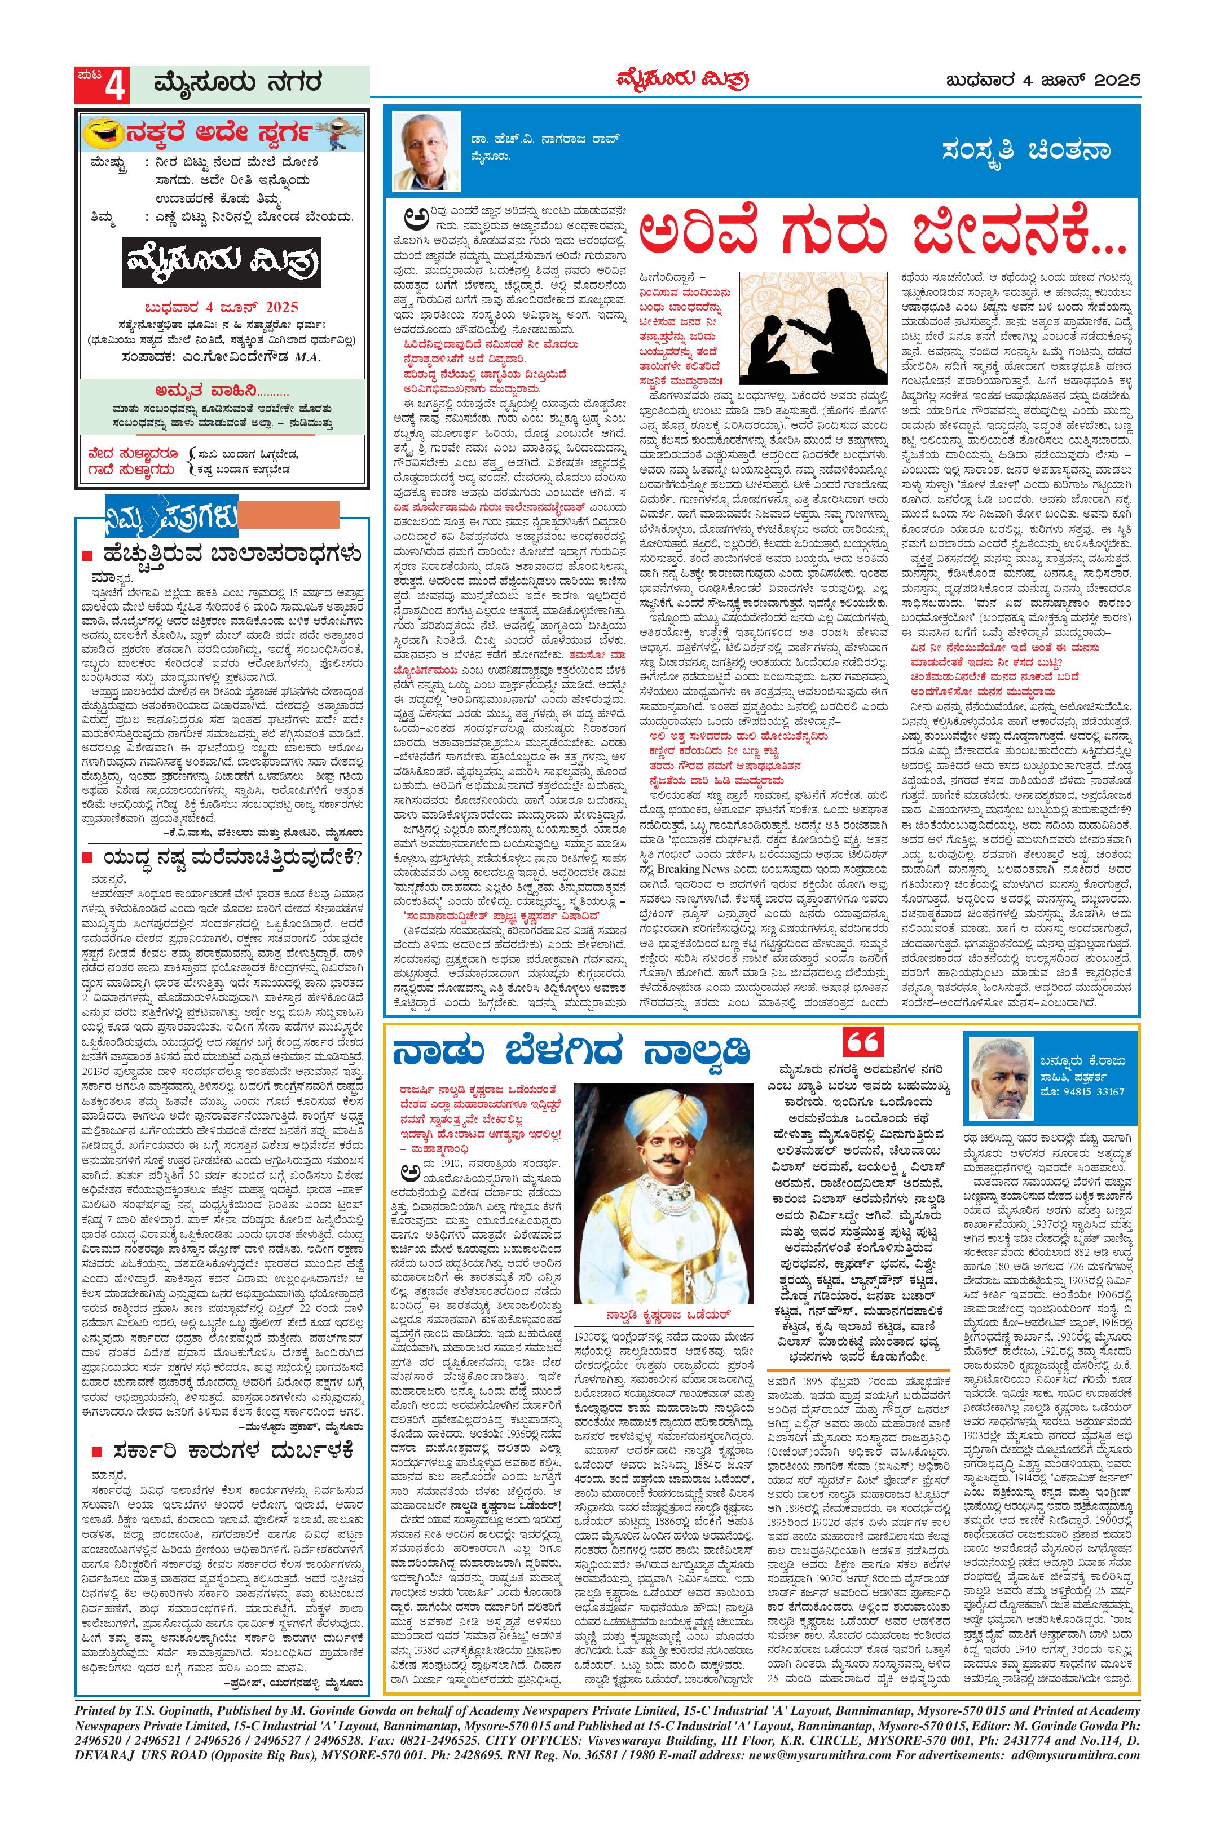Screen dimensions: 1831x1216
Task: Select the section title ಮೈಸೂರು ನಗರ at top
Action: (236, 82)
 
